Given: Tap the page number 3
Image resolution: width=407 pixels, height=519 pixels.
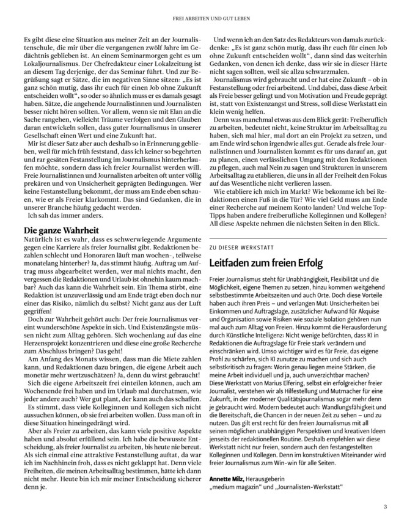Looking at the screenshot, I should (385, 505).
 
